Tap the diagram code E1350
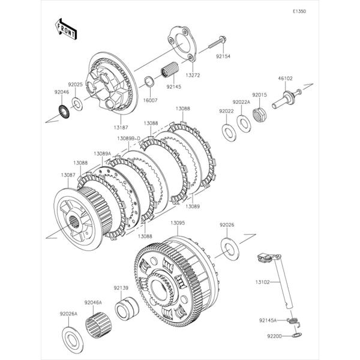[x=299, y=11]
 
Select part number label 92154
[x=223, y=56]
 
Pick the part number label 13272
[x=193, y=76]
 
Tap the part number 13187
[x=120, y=127]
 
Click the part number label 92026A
[x=69, y=314]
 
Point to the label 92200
[x=267, y=338]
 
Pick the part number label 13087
[x=68, y=175]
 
